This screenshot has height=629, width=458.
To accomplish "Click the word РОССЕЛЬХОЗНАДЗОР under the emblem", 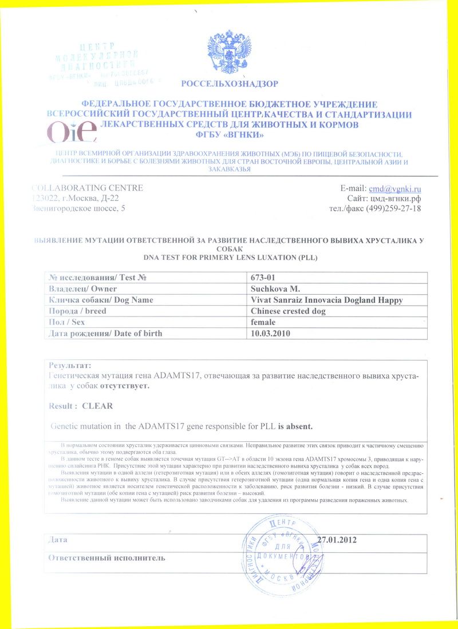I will click(x=230, y=84).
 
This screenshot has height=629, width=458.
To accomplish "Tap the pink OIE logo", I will click(x=72, y=133).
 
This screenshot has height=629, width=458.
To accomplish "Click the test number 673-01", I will click(x=264, y=278).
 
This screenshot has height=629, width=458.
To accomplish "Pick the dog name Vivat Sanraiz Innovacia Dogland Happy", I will click(x=327, y=300).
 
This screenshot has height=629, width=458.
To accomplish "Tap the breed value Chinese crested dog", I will click(x=288, y=311).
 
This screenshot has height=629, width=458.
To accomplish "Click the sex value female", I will click(x=263, y=322).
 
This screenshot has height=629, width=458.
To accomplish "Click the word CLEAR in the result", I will click(x=97, y=406).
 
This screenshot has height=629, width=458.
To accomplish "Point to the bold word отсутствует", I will click(x=125, y=386).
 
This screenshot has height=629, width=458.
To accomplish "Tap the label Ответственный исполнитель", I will click(x=107, y=557).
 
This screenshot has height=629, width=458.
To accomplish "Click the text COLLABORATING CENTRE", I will click(x=87, y=188).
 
